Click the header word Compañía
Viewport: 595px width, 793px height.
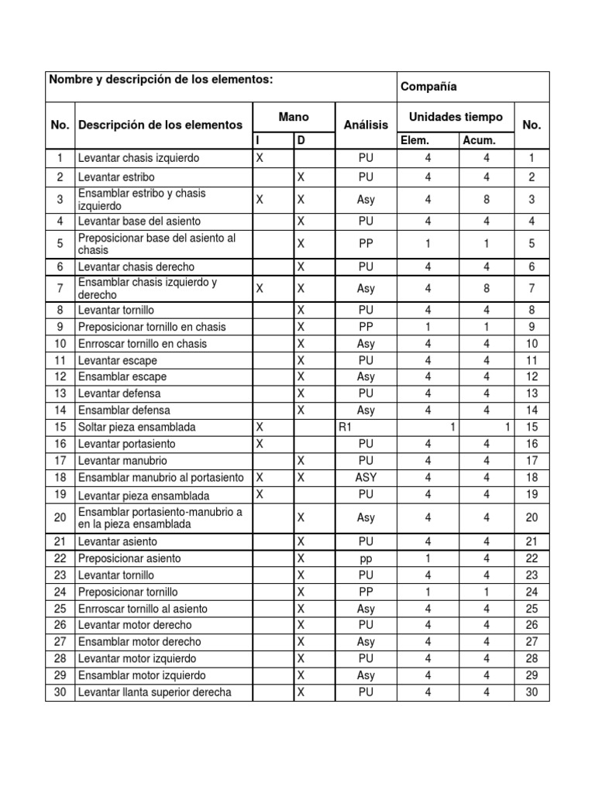pos(428,88)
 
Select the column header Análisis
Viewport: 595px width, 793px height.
pos(366,125)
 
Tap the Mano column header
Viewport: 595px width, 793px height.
pos(294,117)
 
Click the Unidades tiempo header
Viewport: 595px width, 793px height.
pos(456,117)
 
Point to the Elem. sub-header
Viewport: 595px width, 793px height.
pos(414,141)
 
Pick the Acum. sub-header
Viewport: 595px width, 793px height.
pos(479,141)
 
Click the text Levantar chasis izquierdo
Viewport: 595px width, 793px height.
pos(139,158)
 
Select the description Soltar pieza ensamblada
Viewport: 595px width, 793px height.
pos(136,427)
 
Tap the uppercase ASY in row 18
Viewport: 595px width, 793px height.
pos(366,477)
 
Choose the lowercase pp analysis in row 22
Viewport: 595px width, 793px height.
pos(366,558)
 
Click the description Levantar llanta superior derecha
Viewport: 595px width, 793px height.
pos(154,692)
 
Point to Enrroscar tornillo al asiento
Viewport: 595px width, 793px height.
pos(143,609)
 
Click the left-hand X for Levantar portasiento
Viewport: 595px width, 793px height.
pos(260,444)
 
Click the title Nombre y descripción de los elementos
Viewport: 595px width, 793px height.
pos(161,80)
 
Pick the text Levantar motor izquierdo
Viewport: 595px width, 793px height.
pos(136,658)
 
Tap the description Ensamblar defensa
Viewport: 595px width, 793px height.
pos(124,410)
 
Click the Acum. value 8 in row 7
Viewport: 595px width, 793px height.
pos(487,288)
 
